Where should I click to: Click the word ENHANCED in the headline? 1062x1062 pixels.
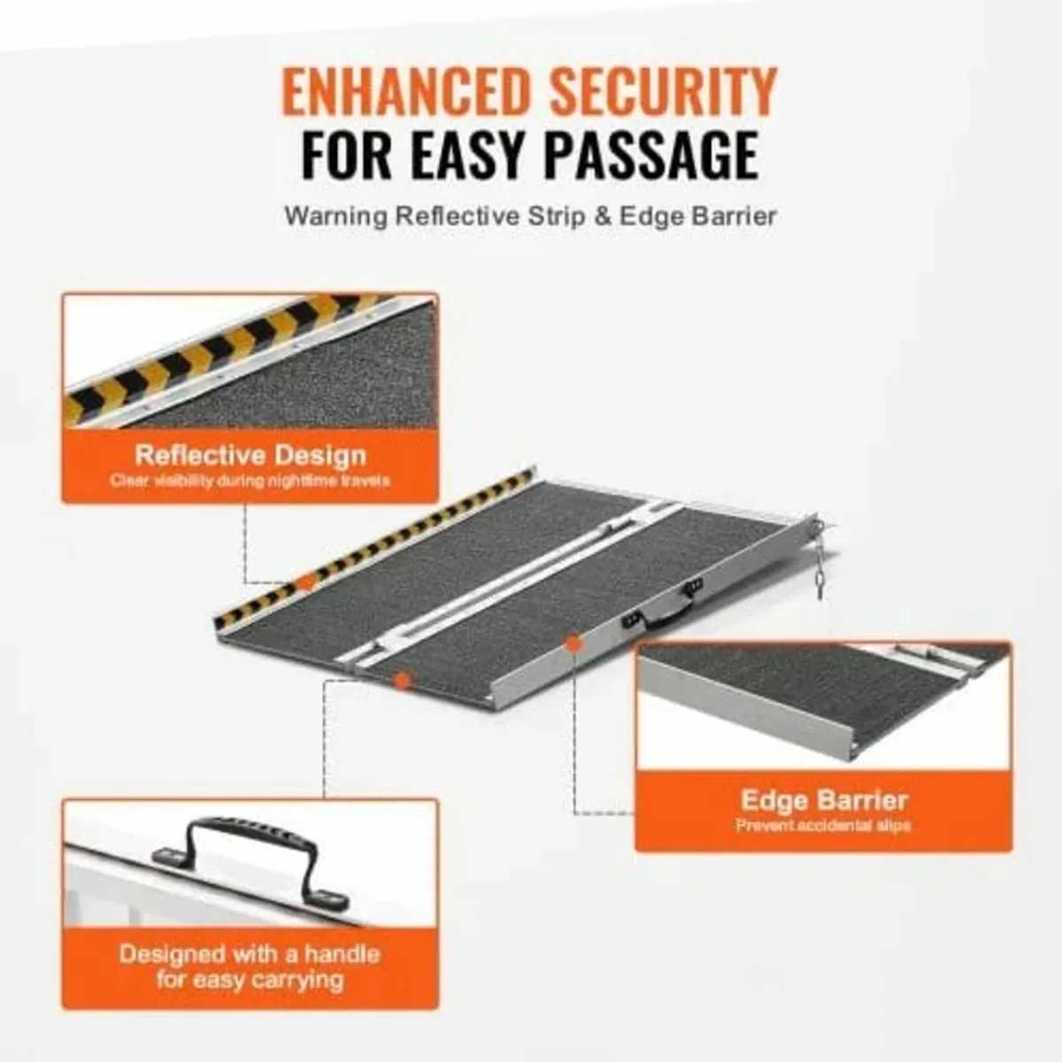[x=401, y=90]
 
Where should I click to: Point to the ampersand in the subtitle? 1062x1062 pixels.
[x=603, y=217]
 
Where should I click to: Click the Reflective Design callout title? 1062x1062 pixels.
[x=250, y=456]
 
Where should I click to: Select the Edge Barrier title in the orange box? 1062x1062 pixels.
[x=823, y=801]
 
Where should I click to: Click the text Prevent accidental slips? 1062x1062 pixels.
[x=823, y=826]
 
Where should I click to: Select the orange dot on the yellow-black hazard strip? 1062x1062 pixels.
[x=305, y=582]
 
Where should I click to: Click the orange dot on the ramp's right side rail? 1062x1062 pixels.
[x=573, y=645]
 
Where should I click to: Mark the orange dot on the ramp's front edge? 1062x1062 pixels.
[x=403, y=680]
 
